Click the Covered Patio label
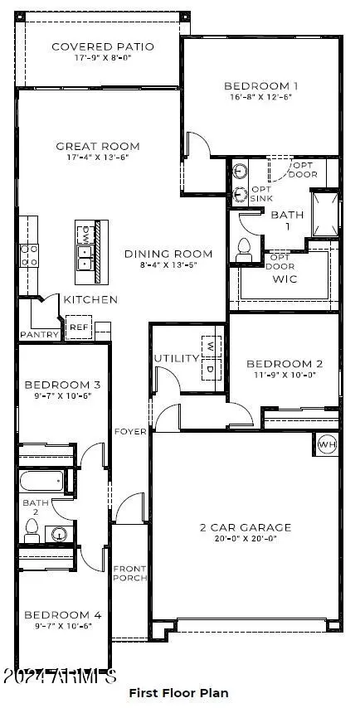click(99, 46)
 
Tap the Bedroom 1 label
click(261, 85)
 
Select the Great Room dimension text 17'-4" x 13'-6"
click(98, 158)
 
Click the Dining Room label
click(168, 254)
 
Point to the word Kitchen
click(90, 299)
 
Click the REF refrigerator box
click(78, 327)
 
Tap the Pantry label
click(40, 335)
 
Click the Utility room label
click(176, 358)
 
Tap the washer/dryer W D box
click(211, 357)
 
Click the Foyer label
click(131, 431)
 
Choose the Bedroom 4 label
click(62, 614)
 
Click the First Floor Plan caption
click(178, 692)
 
